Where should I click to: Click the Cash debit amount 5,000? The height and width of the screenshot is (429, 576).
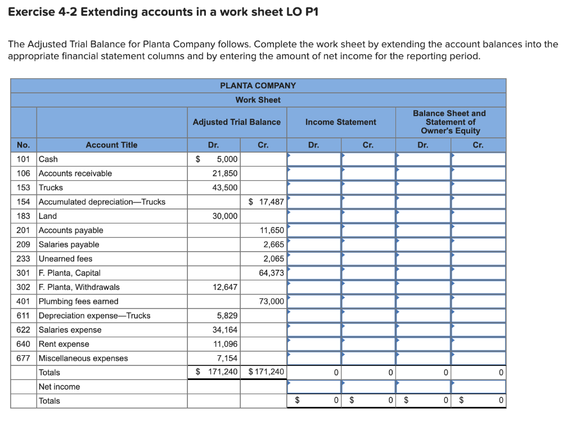227,159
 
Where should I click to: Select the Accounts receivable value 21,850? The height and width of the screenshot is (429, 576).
224,173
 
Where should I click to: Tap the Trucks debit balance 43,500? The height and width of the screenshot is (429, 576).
224,187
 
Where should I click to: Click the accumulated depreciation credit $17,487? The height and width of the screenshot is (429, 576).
266,202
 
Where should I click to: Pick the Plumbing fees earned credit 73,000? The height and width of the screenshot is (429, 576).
272,301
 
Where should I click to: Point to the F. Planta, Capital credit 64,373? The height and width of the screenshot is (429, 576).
272,273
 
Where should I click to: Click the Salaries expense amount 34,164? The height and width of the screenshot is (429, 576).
224,330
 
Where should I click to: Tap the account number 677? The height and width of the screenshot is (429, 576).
24,358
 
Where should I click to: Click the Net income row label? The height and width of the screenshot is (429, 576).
59,387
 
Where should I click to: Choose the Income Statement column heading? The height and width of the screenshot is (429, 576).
341,122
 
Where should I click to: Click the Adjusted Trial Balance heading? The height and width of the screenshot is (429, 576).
236,122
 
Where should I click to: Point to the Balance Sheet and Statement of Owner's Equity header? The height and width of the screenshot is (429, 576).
449,122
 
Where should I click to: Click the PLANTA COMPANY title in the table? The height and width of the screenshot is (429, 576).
258,86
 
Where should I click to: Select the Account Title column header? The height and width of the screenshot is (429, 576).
111,145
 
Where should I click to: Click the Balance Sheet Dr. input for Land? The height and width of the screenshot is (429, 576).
423,216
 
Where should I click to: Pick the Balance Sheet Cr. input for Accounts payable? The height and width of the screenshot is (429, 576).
478,230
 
